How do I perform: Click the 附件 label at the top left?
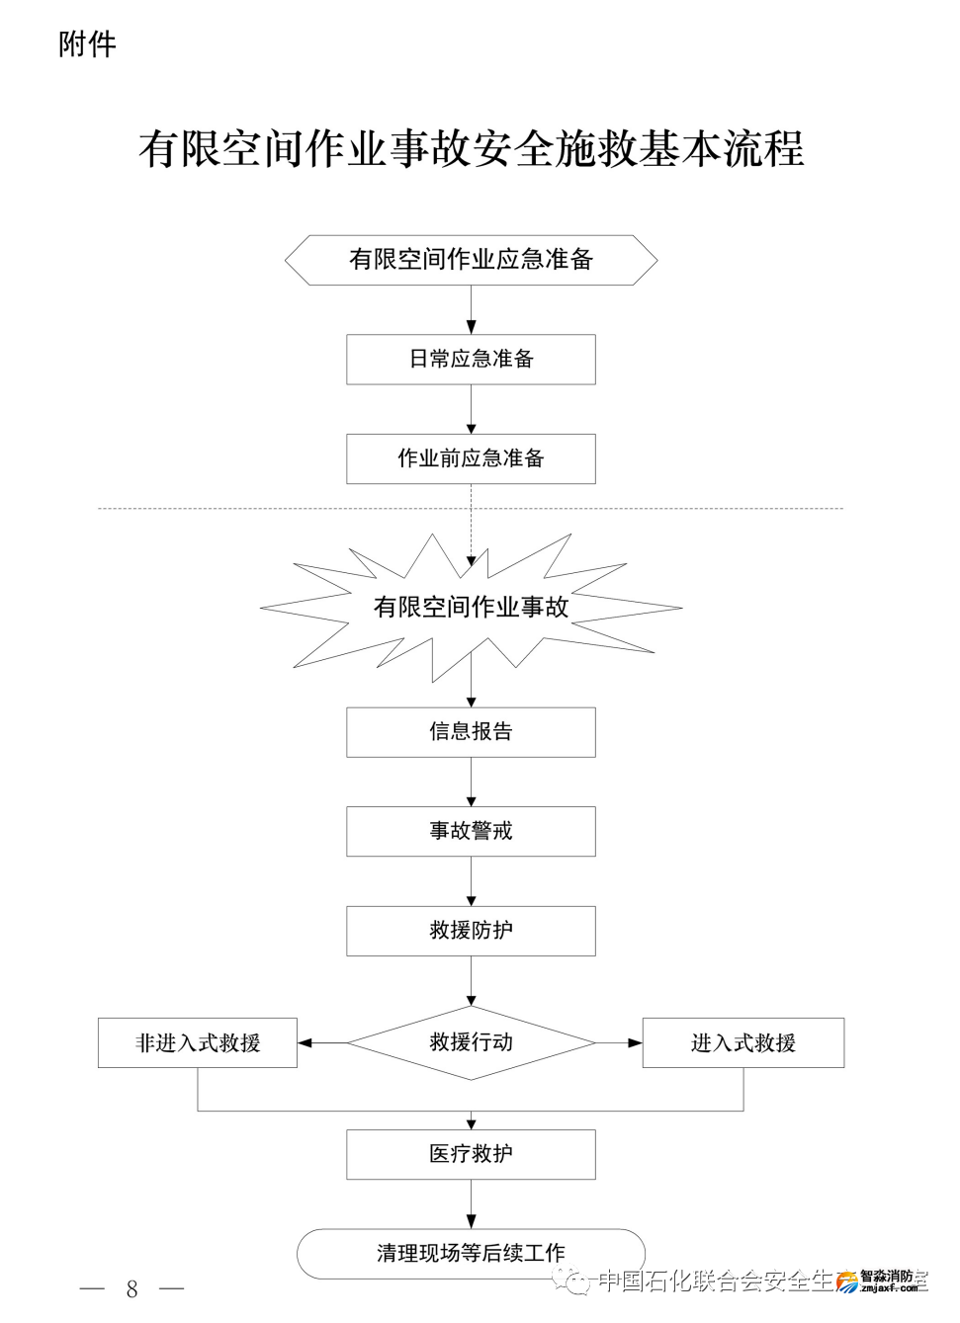(87, 44)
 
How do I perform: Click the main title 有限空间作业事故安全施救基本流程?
(471, 149)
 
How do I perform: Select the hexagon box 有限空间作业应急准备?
(471, 260)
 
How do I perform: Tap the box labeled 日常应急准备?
(471, 359)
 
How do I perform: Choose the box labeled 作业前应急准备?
(471, 458)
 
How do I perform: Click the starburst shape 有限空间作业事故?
(471, 607)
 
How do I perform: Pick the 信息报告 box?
(471, 732)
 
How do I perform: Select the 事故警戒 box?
(471, 831)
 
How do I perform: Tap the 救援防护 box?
(471, 931)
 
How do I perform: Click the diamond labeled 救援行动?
(471, 1042)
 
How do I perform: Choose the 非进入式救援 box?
(198, 1042)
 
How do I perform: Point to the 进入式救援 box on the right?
(742, 1042)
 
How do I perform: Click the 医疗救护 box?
(471, 1154)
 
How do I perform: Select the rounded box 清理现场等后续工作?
(471, 1253)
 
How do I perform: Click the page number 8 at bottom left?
(131, 1288)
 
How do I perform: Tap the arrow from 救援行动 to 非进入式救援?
(322, 1042)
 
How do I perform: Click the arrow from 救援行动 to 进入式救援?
(619, 1042)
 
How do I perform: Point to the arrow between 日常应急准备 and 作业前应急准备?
(471, 409)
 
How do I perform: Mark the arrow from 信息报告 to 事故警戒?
(471, 782)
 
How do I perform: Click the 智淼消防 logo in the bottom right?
(884, 1281)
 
